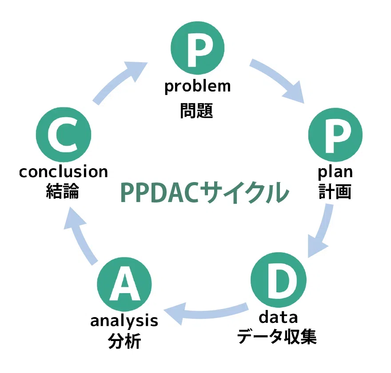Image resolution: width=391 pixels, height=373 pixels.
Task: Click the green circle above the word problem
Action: [197, 48]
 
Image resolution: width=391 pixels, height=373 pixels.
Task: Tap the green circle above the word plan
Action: [335, 135]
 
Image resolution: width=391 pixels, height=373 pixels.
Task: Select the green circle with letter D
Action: [279, 280]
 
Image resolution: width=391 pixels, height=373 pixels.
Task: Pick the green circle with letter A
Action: [124, 284]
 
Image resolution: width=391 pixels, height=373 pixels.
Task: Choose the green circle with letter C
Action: [64, 135]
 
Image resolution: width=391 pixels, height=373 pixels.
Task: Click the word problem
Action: [197, 87]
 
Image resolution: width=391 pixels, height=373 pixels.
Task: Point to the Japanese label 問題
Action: [196, 111]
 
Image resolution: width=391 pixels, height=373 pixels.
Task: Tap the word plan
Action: [335, 172]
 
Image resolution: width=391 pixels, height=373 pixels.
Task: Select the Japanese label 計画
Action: [335, 191]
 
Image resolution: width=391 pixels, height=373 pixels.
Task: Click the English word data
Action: [278, 317]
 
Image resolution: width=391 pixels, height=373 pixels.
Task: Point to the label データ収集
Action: [277, 336]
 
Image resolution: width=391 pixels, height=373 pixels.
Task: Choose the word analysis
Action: [124, 321]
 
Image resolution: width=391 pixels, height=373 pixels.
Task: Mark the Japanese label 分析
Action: [124, 341]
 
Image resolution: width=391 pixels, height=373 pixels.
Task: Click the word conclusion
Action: [64, 172]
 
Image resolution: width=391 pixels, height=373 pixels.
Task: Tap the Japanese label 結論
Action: [62, 191]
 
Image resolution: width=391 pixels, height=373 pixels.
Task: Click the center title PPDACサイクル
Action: [205, 193]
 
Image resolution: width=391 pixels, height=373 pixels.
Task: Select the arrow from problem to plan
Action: [277, 78]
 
